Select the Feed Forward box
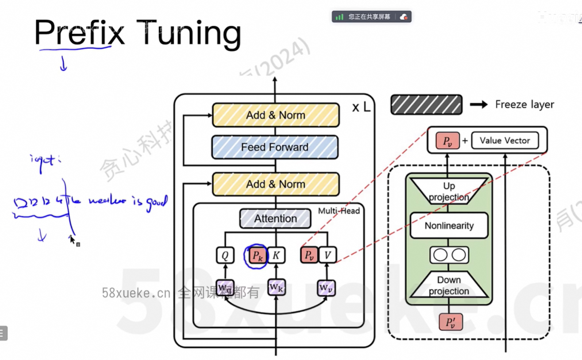click(275, 147)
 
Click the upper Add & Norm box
click(276, 115)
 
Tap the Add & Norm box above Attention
click(276, 184)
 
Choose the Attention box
click(275, 218)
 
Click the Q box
click(225, 255)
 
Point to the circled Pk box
click(256, 255)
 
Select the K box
click(276, 255)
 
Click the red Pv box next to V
click(309, 255)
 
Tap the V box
click(328, 255)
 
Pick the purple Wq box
click(225, 287)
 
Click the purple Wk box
click(276, 287)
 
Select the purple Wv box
click(327, 288)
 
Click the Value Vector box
click(505, 140)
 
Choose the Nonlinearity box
click(449, 226)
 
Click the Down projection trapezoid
click(449, 286)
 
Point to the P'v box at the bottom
click(451, 322)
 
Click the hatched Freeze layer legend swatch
click(426, 105)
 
